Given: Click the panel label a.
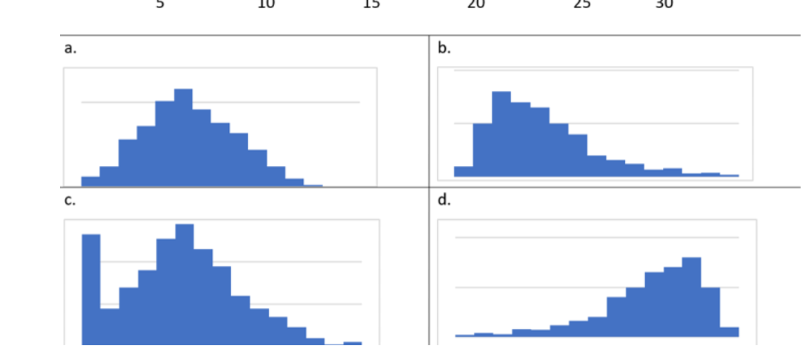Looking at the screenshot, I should coord(70,49).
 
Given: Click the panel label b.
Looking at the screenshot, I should coord(444,49).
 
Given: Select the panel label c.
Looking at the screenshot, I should coord(69,201).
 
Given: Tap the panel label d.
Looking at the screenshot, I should coord(444,201).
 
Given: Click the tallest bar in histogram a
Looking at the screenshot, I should coord(183,137).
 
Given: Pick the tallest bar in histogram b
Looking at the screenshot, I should coord(501,133).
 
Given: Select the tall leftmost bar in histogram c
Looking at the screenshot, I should coord(91,289).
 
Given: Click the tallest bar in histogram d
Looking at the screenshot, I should coord(691,296).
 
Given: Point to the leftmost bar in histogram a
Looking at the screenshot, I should coord(90,181).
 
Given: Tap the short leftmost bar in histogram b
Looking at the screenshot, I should coord(464,171).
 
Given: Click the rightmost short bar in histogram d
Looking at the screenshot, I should coord(729,332).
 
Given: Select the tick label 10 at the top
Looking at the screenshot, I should coord(266,4).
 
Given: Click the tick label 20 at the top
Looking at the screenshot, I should coord(476,4).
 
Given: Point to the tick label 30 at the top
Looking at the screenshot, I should coord(664,4).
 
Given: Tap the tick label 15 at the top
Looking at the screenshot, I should coord(372,4).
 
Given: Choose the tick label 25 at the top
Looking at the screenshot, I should coord(582,4).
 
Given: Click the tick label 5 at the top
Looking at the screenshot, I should coord(160,4).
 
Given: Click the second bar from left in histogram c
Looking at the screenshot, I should coord(110,326).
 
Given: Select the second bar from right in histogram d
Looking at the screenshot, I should coord(710,311).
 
